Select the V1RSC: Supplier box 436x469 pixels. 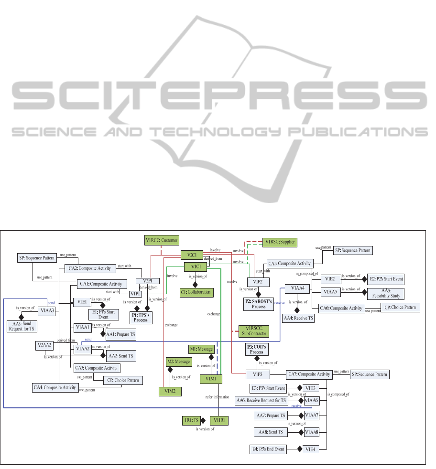tap(280, 243)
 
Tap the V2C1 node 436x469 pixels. tap(192, 255)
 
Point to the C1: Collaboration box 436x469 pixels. tap(196, 292)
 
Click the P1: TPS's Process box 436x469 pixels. tap(141, 317)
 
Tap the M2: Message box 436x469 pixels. tap(178, 362)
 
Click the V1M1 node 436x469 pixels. tap(211, 379)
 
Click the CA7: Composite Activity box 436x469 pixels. tap(308, 374)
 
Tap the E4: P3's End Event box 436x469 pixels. tap(268, 449)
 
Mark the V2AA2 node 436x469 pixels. tap(44, 345)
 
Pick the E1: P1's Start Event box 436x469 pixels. tap(103, 314)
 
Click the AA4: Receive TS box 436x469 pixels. tap(298, 318)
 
